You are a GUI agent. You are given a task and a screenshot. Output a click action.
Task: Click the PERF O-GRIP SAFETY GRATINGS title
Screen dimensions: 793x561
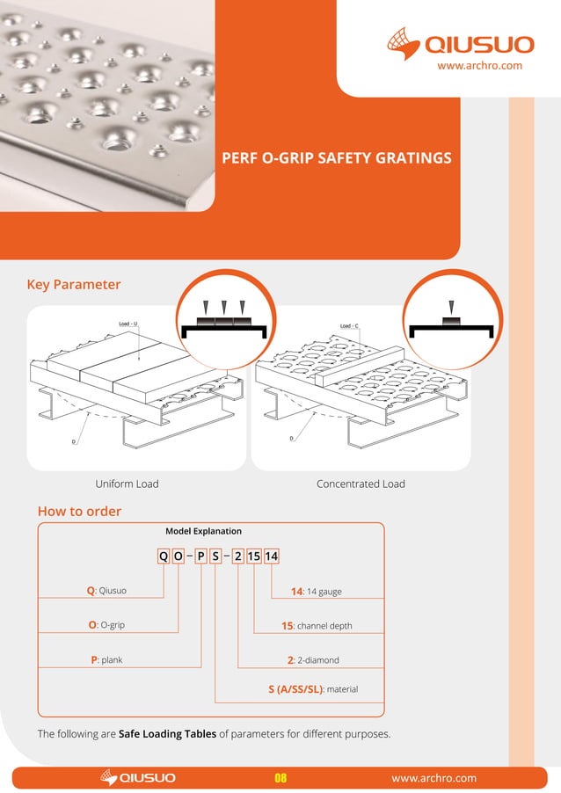pyautogui.click(x=339, y=158)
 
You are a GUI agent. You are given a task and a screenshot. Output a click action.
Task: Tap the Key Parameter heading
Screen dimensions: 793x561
pyautogui.click(x=74, y=285)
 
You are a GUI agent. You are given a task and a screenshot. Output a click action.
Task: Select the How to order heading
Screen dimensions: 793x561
pyautogui.click(x=79, y=512)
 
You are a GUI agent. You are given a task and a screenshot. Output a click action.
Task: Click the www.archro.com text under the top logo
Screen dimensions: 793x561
pyautogui.click(x=480, y=65)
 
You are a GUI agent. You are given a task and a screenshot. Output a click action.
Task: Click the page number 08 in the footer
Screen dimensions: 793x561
pyautogui.click(x=281, y=778)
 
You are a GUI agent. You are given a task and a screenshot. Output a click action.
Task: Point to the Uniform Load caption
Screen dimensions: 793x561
pyautogui.click(x=127, y=484)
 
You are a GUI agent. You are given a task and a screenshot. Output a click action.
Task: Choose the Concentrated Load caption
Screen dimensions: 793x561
pyautogui.click(x=361, y=484)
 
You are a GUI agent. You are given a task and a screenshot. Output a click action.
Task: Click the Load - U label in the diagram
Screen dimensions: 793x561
pyautogui.click(x=128, y=324)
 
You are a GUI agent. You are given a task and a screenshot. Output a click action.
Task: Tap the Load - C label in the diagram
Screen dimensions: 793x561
pyautogui.click(x=349, y=326)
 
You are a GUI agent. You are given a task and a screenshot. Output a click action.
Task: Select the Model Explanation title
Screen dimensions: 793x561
pyautogui.click(x=203, y=532)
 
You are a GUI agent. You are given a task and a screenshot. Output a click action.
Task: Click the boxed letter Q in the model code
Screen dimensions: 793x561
pyautogui.click(x=164, y=556)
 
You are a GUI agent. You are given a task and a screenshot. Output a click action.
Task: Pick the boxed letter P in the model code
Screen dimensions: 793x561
pyautogui.click(x=200, y=556)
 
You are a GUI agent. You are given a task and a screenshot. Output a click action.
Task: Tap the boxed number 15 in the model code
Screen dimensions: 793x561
pyautogui.click(x=253, y=556)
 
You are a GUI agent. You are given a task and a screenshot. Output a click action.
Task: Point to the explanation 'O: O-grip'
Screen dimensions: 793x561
pyautogui.click(x=112, y=626)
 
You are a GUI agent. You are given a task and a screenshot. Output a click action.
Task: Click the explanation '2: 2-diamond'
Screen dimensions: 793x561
pyautogui.click(x=313, y=659)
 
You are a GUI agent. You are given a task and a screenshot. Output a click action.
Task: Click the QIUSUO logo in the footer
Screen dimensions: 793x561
pyautogui.click(x=139, y=778)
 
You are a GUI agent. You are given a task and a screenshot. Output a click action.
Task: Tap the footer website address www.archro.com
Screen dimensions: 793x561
pyautogui.click(x=433, y=778)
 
